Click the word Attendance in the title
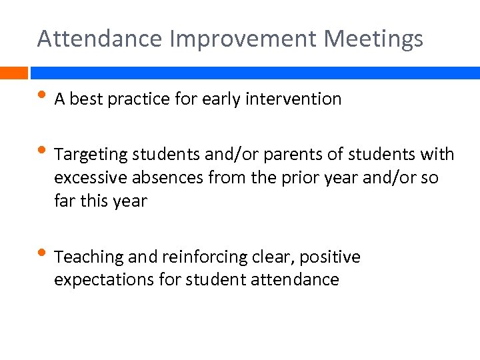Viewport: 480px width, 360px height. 100,39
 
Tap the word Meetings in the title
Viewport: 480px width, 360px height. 373,39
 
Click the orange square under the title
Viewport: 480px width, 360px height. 13,73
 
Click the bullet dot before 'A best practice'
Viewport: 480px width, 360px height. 43,98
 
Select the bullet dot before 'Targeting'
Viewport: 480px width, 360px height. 43,153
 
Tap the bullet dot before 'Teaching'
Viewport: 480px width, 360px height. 43,255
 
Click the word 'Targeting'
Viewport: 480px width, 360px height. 91,155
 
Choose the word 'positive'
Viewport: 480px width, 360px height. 333,257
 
